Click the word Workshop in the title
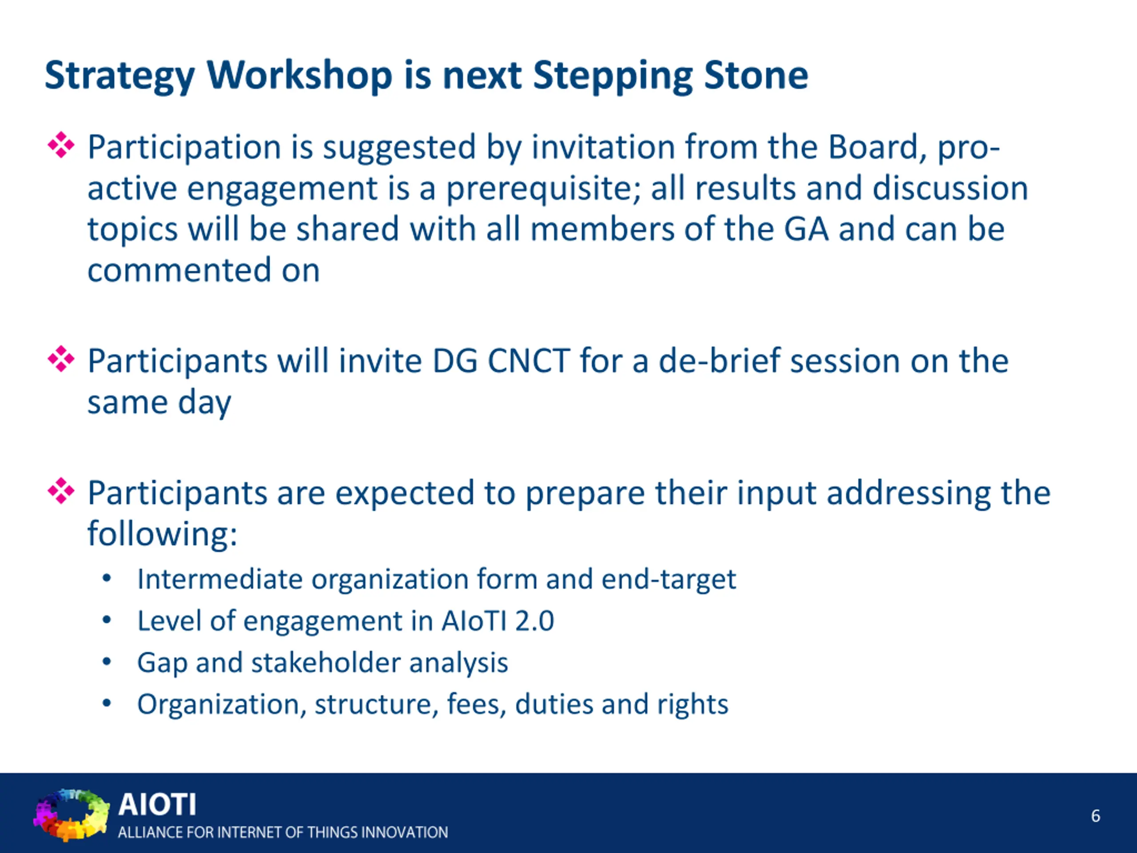tap(300, 76)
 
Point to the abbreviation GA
tap(806, 229)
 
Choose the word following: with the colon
tap(163, 534)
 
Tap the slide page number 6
tap(1095, 816)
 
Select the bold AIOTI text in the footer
tap(157, 805)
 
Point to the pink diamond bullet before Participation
tap(61, 145)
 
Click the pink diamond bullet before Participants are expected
tap(61, 491)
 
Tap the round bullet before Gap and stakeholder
tap(107, 662)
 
